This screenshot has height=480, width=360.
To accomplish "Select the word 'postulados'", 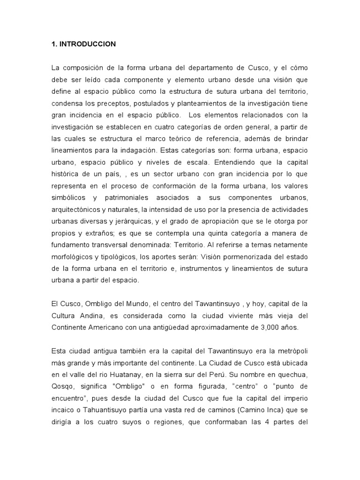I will click(140, 103).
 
